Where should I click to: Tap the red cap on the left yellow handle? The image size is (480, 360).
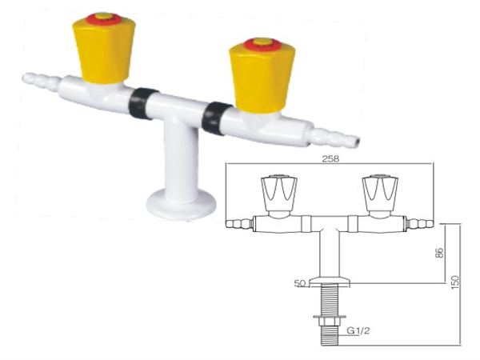click(104, 18)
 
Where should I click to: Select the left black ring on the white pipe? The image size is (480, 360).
click(142, 103)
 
